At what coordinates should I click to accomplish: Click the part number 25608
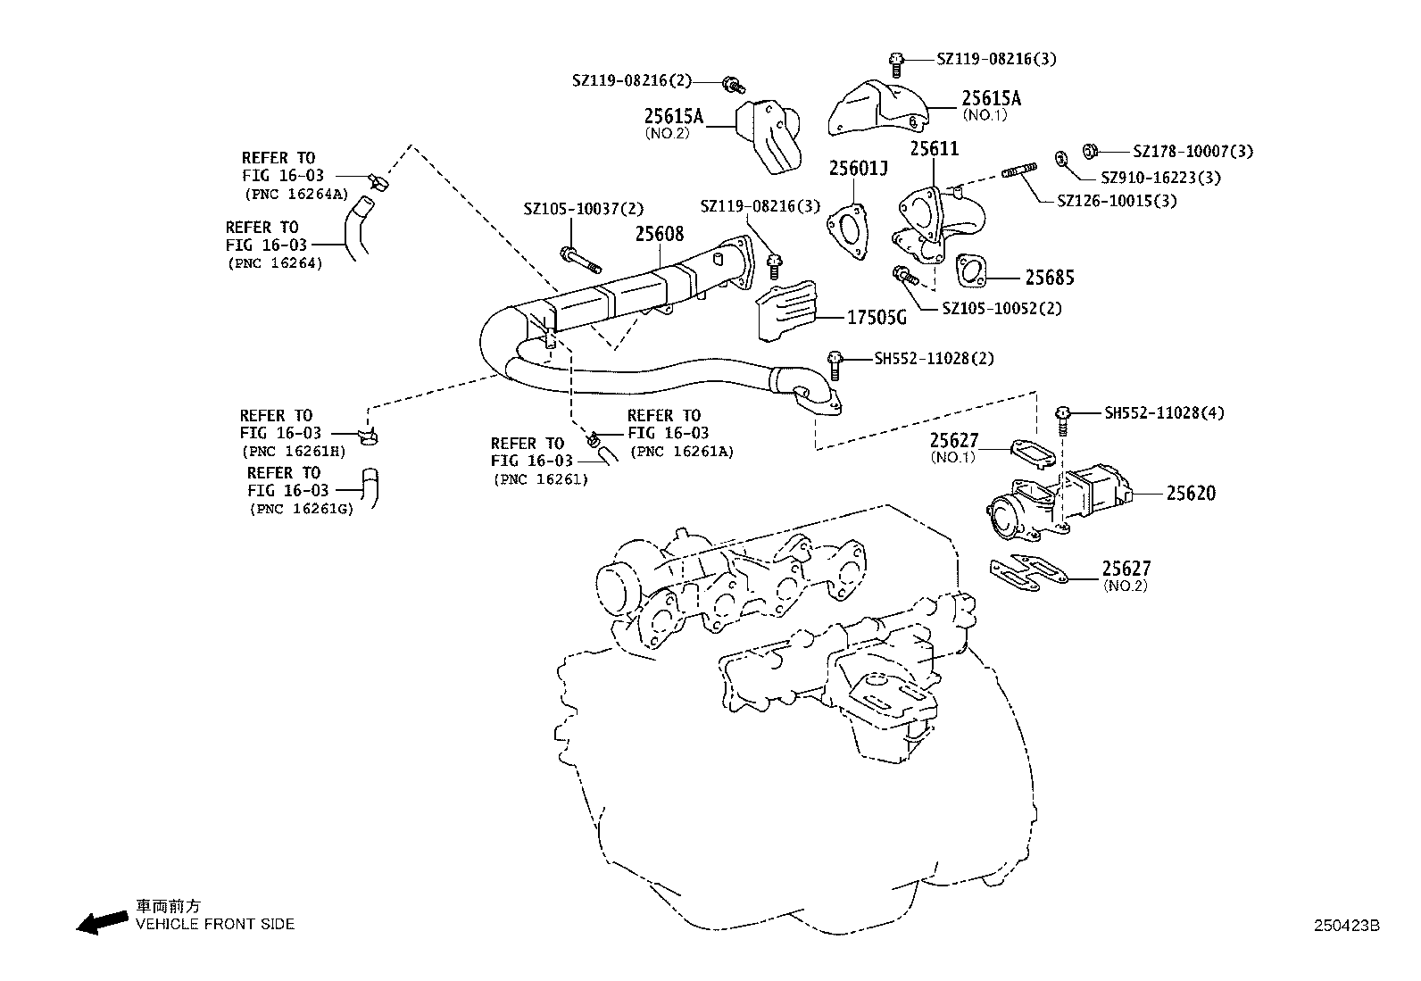pyautogui.click(x=660, y=234)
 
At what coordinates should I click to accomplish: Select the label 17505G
pyautogui.click(x=876, y=317)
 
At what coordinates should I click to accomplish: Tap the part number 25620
pyautogui.click(x=1191, y=493)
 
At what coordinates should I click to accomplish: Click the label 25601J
pyautogui.click(x=858, y=169)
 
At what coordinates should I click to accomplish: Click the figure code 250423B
pyautogui.click(x=1345, y=926)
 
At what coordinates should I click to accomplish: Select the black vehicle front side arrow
pyautogui.click(x=101, y=923)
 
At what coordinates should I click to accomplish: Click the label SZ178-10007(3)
pyautogui.click(x=1192, y=152)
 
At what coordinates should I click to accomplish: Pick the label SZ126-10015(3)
pyautogui.click(x=1117, y=201)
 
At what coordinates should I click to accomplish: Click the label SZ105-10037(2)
pyautogui.click(x=583, y=209)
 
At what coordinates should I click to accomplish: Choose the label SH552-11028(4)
pyautogui.click(x=1164, y=413)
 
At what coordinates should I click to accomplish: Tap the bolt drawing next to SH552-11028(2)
pyautogui.click(x=835, y=362)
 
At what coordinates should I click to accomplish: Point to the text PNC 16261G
pyautogui.click(x=301, y=509)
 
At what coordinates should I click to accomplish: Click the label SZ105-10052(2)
pyautogui.click(x=1002, y=308)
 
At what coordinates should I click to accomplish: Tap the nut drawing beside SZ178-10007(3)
pyautogui.click(x=1089, y=150)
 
